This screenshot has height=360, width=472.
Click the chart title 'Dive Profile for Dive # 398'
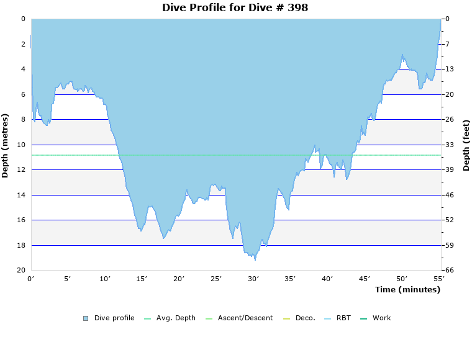[235, 7]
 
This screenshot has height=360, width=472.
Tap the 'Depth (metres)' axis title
[6, 145]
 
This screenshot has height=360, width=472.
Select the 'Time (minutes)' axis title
[407, 290]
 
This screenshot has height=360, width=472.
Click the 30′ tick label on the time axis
[253, 279]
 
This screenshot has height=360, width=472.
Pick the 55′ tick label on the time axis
[438, 279]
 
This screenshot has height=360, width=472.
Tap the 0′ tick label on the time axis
[31, 279]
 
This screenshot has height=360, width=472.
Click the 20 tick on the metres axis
[20, 271]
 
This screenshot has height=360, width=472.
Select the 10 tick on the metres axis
[20, 145]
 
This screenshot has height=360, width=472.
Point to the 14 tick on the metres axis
[20, 195]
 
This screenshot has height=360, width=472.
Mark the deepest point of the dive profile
[255, 259]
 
